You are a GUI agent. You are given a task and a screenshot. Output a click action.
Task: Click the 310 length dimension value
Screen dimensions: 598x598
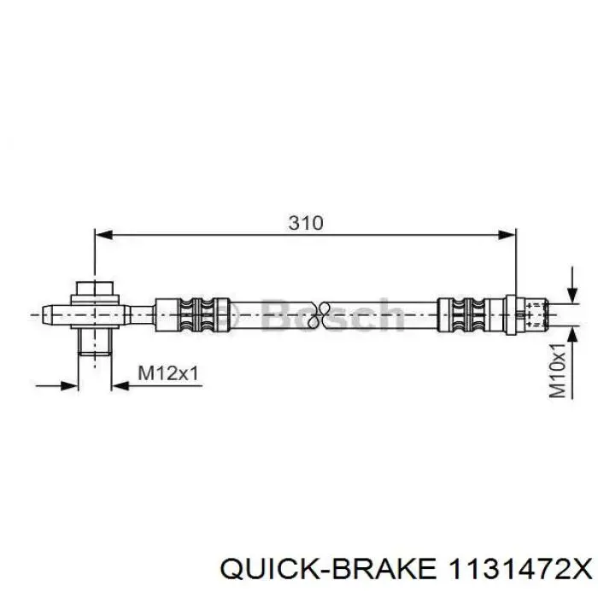[x=305, y=223]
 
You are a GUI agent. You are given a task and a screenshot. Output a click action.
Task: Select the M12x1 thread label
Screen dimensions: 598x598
[x=168, y=372]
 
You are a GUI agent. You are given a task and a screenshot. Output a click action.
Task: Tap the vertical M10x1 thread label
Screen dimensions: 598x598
[x=558, y=370]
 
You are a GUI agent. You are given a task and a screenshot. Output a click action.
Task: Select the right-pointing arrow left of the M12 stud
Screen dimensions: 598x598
[x=68, y=385]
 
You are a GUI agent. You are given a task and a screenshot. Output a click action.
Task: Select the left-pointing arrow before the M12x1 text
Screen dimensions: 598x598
[x=122, y=385]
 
